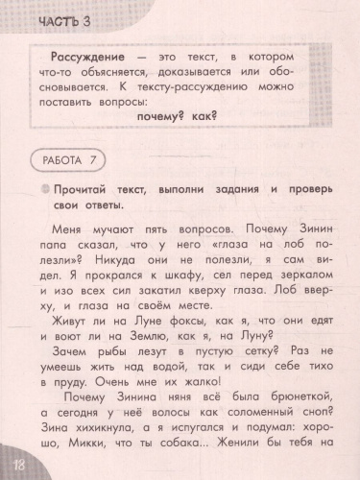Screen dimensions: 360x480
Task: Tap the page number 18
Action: [16, 466]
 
